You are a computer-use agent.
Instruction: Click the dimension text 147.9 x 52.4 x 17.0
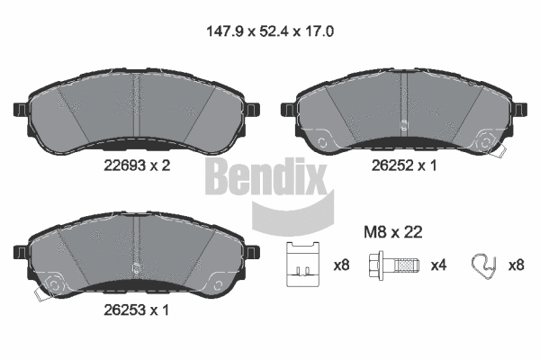click(x=270, y=30)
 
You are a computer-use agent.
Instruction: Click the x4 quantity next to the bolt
click(x=438, y=265)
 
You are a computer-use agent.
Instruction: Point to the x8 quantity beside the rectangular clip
click(x=342, y=265)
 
